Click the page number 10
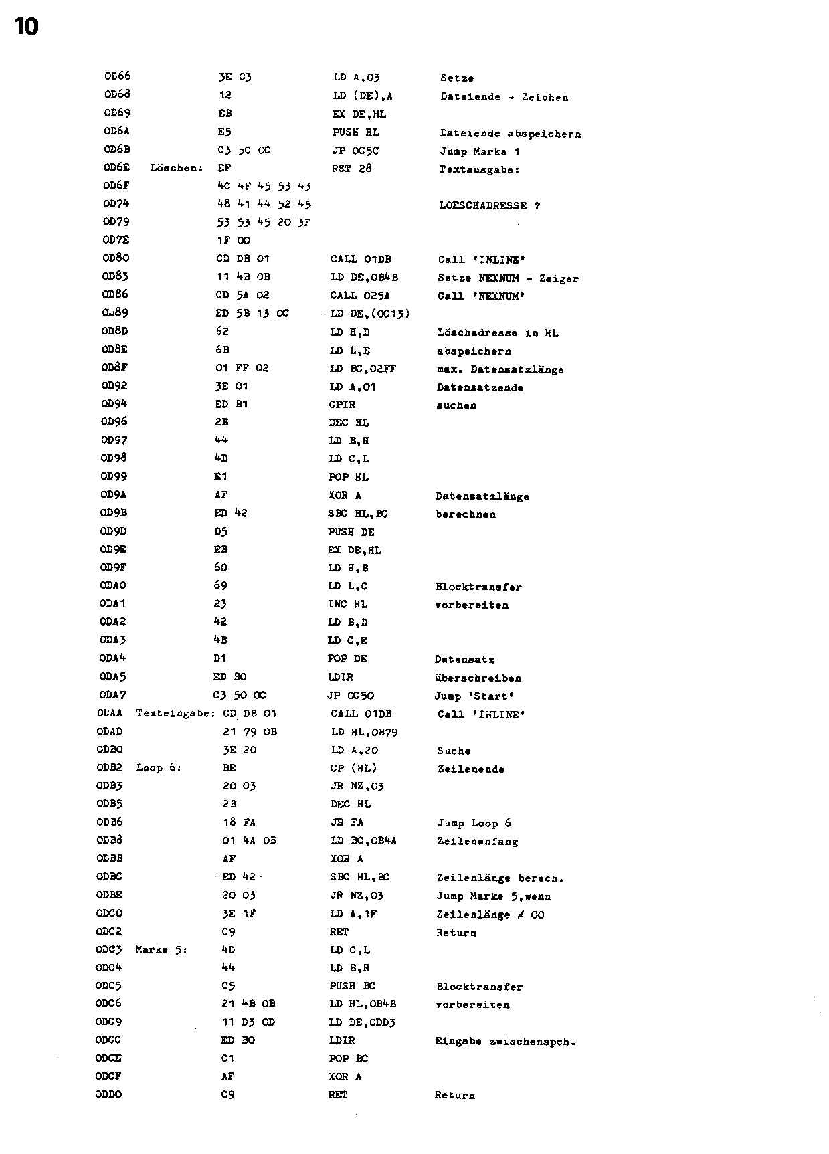click(26, 27)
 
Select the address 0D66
click(117, 76)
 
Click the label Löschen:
click(177, 168)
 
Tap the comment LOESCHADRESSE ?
click(489, 205)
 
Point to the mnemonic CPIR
click(343, 405)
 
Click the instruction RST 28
click(351, 169)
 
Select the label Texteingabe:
click(177, 714)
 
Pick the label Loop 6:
click(159, 768)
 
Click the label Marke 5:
click(161, 950)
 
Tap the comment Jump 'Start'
click(474, 696)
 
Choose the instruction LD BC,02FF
click(363, 369)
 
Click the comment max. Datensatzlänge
click(500, 369)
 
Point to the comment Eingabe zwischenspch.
click(505, 1041)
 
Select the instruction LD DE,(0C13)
click(370, 314)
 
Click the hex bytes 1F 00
click(234, 240)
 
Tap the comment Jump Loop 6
click(474, 823)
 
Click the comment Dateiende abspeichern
click(510, 134)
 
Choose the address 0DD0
click(108, 1094)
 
